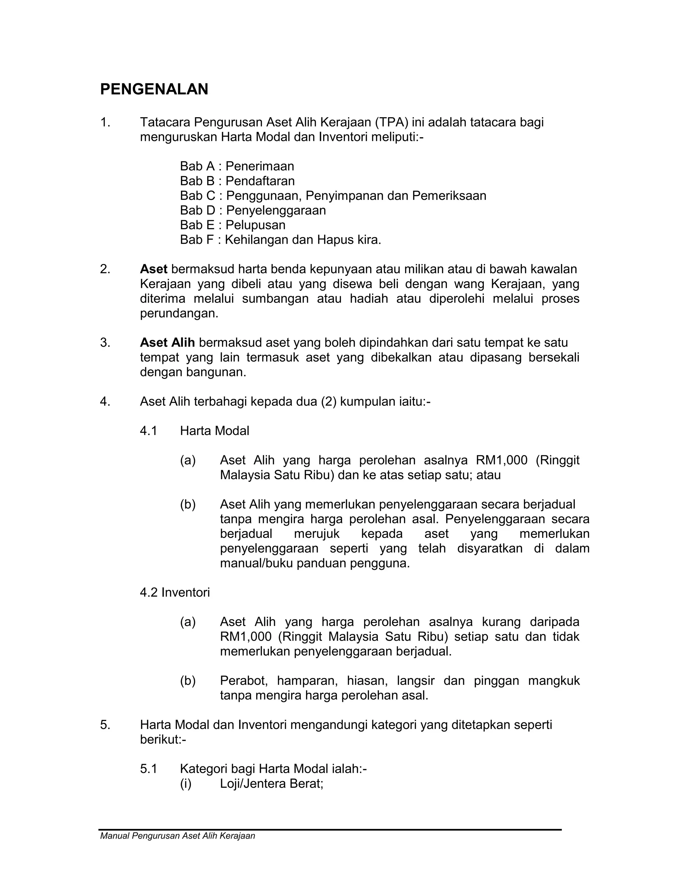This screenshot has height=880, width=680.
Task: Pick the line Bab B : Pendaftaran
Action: pos(237,181)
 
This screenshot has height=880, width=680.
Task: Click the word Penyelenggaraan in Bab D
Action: pos(276,210)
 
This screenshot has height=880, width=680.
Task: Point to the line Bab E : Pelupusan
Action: pos(232,225)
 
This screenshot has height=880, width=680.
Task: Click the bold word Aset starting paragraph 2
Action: pos(153,269)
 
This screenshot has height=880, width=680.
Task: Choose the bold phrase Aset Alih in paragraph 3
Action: pos(167,342)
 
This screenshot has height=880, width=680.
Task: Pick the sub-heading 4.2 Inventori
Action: pos(175,592)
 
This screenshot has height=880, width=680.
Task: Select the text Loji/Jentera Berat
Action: pos(271,784)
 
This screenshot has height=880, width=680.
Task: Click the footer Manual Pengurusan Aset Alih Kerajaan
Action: pos(178,836)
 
